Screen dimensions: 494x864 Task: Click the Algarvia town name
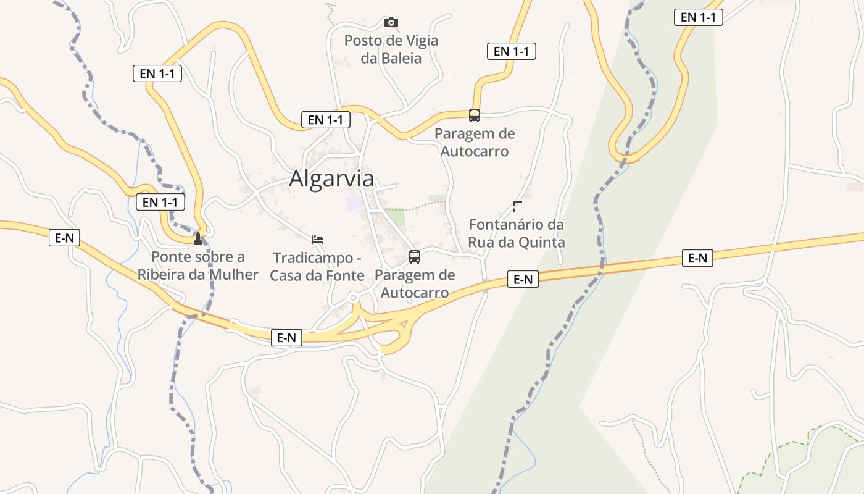(331, 178)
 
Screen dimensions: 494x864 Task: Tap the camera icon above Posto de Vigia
(391, 23)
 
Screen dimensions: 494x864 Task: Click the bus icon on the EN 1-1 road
(474, 115)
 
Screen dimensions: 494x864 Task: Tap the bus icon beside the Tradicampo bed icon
(415, 257)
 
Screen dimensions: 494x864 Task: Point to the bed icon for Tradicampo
(317, 239)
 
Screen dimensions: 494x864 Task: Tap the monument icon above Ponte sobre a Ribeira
(198, 239)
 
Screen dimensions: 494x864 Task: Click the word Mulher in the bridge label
(235, 274)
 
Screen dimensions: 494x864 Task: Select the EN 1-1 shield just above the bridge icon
(160, 202)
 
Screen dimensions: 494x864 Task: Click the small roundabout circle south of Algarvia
(354, 298)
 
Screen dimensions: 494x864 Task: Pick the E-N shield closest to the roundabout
(286, 338)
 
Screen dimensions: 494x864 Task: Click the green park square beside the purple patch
(396, 217)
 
